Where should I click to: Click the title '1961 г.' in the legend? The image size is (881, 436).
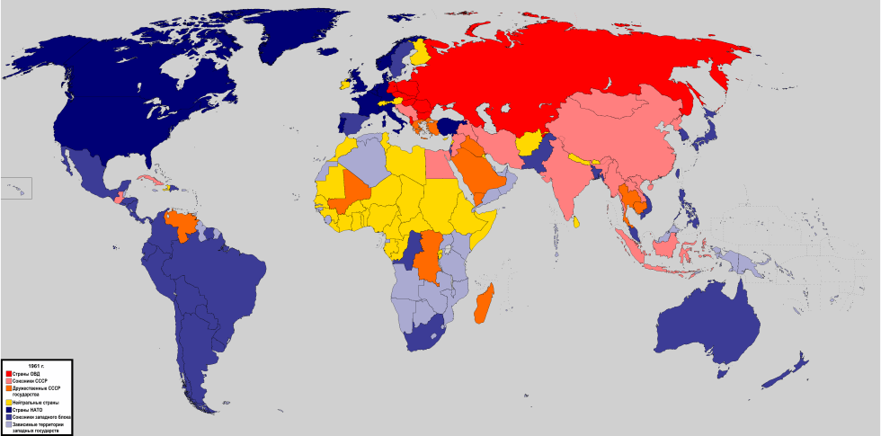click(35, 366)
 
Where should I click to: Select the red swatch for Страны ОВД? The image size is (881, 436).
click(8, 373)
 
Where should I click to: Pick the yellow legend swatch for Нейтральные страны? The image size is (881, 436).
click(8, 402)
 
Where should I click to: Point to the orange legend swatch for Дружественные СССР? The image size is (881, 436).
click(8, 389)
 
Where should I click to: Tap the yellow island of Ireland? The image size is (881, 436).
click(343, 86)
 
